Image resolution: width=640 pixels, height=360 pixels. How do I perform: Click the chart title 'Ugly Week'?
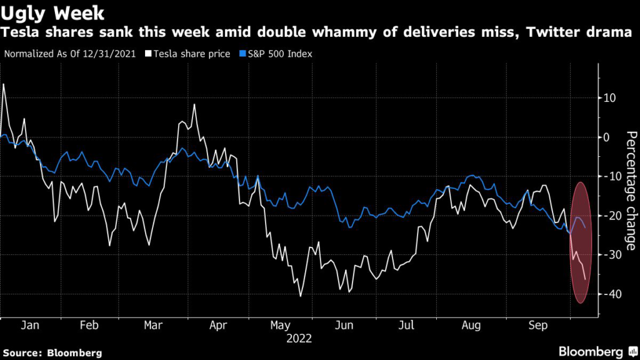(52, 12)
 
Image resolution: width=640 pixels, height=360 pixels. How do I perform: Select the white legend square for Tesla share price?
(149, 54)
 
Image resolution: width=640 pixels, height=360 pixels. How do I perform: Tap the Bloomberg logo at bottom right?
(591, 352)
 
